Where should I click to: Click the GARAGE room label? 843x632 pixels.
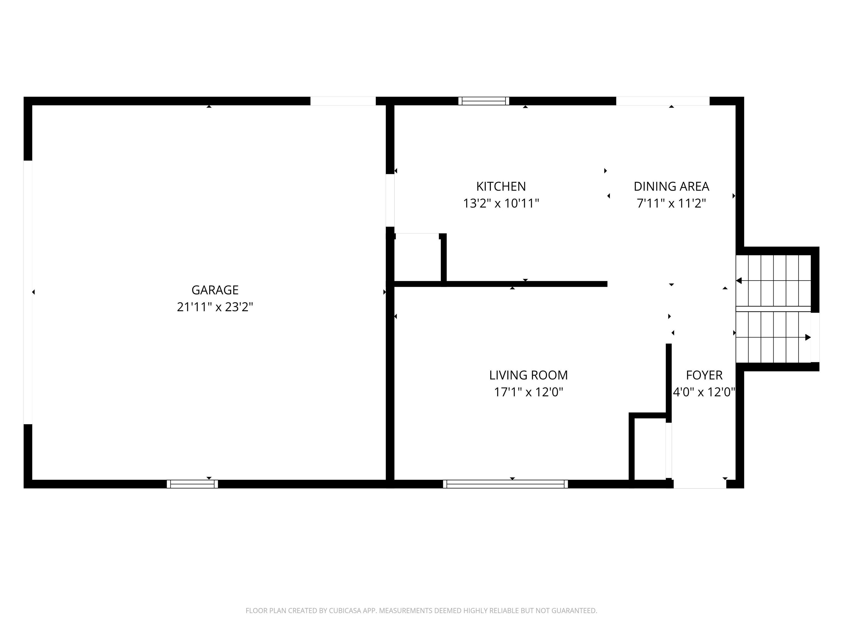pos(215,290)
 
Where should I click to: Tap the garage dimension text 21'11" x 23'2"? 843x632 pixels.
pos(215,307)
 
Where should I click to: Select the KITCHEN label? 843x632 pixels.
pos(501,187)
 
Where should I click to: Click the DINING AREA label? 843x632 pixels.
pos(671,187)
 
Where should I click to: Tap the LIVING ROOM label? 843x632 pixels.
pos(529,375)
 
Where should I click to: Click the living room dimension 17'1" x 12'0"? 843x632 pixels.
pos(529,392)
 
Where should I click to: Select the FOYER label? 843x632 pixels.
pos(704,375)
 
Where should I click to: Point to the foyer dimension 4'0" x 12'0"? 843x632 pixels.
pos(704,392)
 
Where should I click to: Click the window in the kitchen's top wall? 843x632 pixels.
pos(484,101)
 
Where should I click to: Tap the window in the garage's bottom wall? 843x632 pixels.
pos(192,484)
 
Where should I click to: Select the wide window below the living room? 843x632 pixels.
pos(505,484)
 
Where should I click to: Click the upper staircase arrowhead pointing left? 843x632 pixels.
pos(738,281)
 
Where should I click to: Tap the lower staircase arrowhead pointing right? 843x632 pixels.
pos(808,337)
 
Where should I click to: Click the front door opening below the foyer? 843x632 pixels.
pos(700,484)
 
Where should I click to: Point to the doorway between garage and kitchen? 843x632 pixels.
pos(390,201)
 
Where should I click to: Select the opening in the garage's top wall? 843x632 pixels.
pos(343,101)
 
